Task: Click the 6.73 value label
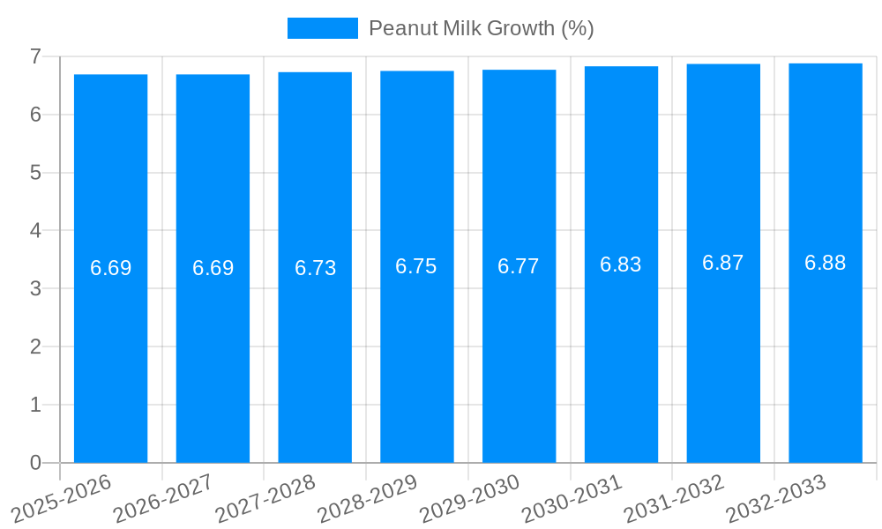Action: [315, 268]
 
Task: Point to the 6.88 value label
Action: [826, 263]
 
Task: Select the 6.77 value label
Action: [519, 266]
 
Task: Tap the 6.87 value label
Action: [723, 263]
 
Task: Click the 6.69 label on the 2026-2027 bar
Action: [213, 268]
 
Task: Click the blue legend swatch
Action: [322, 28]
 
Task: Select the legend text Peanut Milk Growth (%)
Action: [481, 28]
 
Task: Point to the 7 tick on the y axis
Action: [35, 56]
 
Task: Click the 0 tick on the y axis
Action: [35, 463]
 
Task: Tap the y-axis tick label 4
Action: [35, 231]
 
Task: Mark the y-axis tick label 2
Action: [35, 346]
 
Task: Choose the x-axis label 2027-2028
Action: [265, 498]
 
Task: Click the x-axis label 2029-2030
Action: [470, 498]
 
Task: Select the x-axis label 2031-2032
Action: [675, 498]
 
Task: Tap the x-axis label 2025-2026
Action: [61, 498]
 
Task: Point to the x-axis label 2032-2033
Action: [776, 498]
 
